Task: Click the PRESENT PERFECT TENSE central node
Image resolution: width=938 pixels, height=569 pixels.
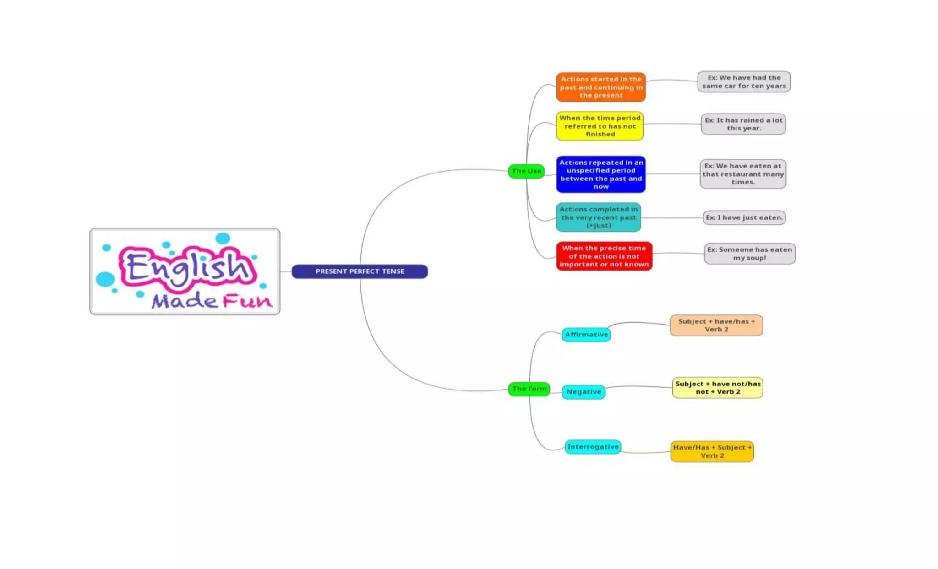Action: [x=360, y=271]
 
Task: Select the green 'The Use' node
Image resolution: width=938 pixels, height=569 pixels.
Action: [x=526, y=171]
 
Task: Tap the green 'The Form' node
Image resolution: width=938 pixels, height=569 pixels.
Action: [x=529, y=389]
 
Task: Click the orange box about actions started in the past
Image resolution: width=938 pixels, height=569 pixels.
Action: [x=601, y=87]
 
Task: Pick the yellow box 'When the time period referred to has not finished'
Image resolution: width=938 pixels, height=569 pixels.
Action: [x=600, y=126]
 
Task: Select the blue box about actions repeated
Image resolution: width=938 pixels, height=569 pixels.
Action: [x=601, y=174]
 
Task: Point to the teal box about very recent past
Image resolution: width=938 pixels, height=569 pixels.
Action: [x=598, y=217]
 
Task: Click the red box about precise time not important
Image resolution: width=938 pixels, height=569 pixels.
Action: [x=604, y=256]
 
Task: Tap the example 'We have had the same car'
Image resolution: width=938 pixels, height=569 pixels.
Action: [x=744, y=81]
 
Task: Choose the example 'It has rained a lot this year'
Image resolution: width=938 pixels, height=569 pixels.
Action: [x=743, y=124]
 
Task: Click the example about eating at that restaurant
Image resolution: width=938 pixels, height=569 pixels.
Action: [x=743, y=174]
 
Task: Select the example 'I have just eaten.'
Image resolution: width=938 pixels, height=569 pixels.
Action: [x=744, y=217]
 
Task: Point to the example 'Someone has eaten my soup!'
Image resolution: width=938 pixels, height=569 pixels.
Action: [x=749, y=254]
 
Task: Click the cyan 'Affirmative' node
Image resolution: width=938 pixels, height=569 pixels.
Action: [x=586, y=335]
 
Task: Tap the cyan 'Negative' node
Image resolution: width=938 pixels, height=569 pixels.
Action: [x=584, y=392]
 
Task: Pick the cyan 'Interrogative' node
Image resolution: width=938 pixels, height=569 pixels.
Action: [x=593, y=447]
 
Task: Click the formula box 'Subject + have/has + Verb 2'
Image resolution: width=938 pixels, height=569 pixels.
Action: [x=716, y=325]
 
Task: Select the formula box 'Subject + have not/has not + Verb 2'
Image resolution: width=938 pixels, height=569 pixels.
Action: [x=718, y=388]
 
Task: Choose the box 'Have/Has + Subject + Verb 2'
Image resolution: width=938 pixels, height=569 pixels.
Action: [x=712, y=451]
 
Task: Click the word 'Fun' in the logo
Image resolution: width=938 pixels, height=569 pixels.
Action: [x=247, y=301]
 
